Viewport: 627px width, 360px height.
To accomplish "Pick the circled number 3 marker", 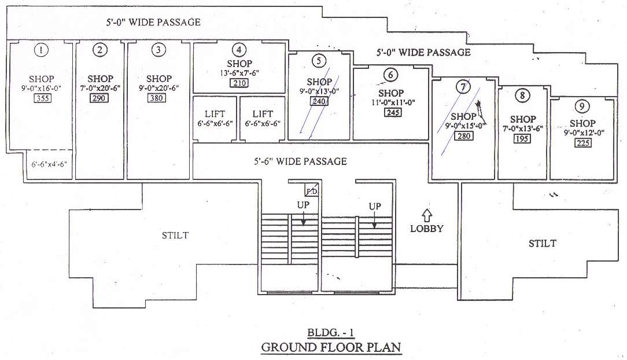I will (158, 50).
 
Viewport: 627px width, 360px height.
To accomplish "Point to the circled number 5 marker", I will (319, 60).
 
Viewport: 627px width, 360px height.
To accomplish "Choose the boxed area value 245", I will (392, 112).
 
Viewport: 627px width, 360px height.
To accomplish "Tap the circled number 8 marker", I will (523, 95).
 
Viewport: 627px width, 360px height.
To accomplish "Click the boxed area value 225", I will (582, 143).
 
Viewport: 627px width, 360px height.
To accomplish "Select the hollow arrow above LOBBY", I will (426, 214).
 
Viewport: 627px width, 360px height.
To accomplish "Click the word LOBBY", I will (426, 228).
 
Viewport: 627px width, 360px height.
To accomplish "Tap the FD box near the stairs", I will (311, 190).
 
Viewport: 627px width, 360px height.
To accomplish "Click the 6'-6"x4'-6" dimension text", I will (50, 164).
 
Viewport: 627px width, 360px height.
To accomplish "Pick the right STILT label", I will (542, 243).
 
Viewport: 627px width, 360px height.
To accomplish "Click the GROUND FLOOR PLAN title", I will (331, 347).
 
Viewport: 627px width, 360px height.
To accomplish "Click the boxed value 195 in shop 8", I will (523, 139).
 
